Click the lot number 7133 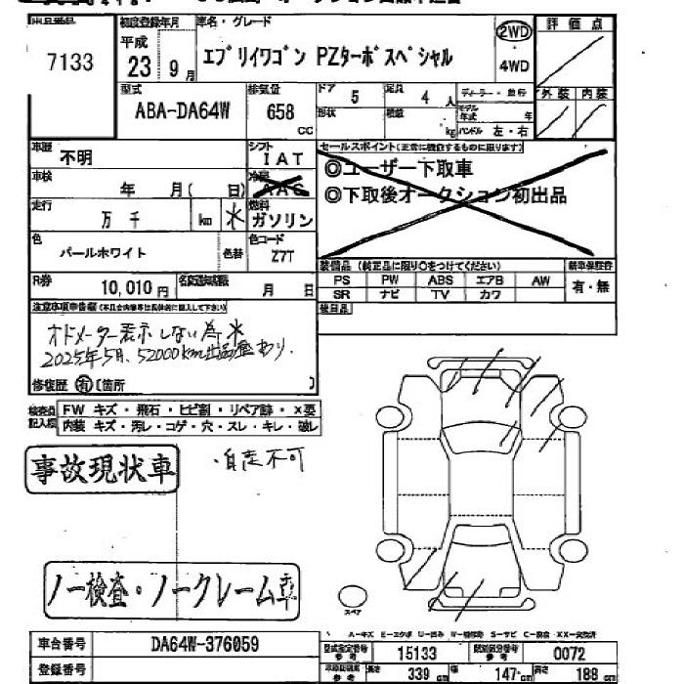coord(69,64)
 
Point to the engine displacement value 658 coord(280,112)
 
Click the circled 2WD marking coord(514,34)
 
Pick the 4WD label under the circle coord(514,67)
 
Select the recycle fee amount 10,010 coord(126,288)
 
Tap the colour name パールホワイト coord(103,253)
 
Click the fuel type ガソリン coord(285,220)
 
